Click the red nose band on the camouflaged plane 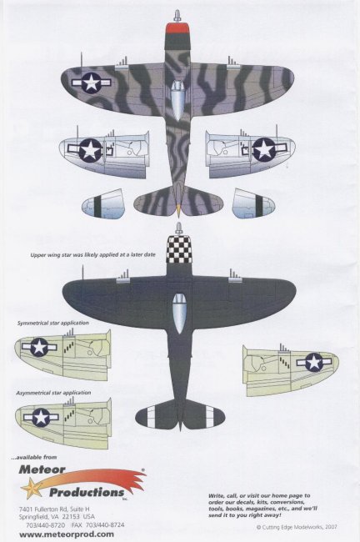point(177,28)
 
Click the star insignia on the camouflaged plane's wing point(92,83)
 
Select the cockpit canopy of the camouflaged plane point(178,100)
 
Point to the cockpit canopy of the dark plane point(179,314)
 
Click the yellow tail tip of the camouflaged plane point(178,209)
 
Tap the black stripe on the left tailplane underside point(99,205)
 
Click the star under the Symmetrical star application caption point(39,346)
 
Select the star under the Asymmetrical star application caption point(41,417)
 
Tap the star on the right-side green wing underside point(313,362)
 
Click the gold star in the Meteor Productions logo point(30,488)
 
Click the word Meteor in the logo point(42,469)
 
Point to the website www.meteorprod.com point(67,534)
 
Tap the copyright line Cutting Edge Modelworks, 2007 point(297,527)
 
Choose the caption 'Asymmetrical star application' point(53,393)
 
